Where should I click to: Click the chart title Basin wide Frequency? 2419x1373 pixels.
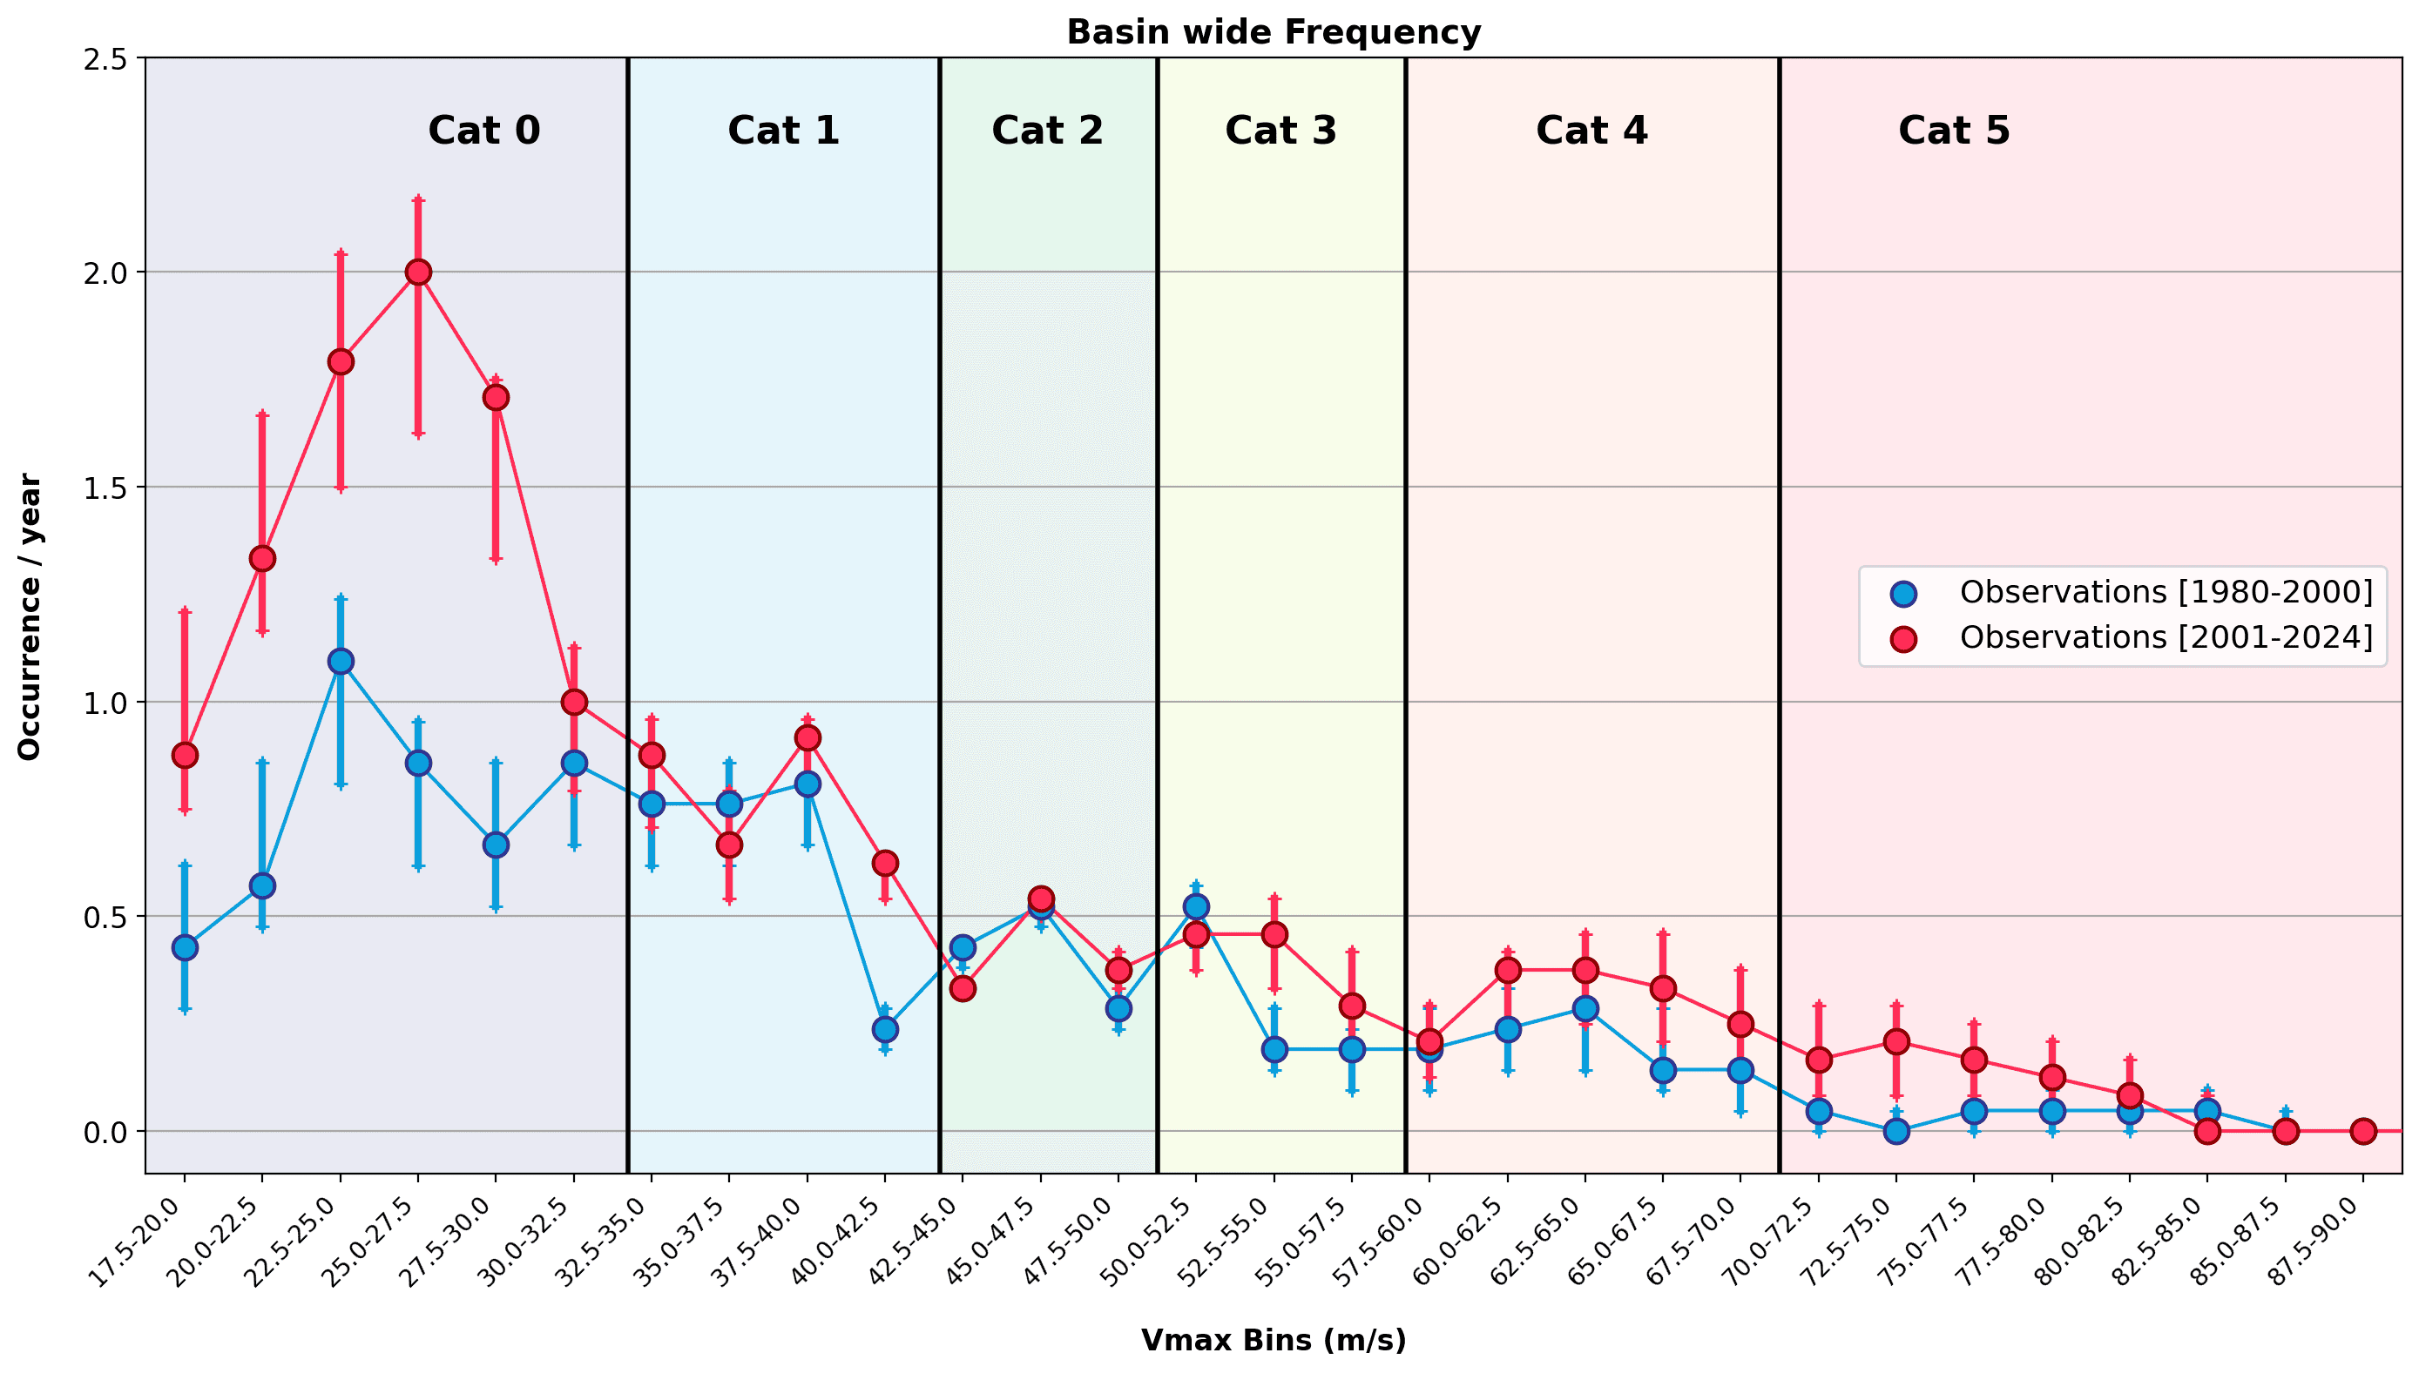tap(1273, 32)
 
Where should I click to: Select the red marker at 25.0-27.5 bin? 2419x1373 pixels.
tap(418, 272)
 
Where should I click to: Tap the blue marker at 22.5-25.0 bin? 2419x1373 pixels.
tap(341, 661)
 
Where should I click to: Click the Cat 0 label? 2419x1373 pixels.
tap(484, 130)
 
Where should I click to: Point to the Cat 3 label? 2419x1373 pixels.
tap(1280, 130)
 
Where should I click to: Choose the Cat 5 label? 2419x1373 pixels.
tap(1953, 130)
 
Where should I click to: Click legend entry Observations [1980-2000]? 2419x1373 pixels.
tap(2166, 592)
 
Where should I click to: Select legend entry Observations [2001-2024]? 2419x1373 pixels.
tap(2166, 637)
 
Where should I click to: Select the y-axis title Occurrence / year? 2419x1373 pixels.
tap(30, 616)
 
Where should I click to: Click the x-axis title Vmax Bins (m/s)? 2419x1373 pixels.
tap(1273, 1340)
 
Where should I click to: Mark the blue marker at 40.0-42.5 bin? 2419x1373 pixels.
tap(885, 1029)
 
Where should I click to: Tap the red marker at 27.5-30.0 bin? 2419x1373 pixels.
tap(497, 397)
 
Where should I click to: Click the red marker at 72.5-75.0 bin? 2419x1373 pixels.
tap(1896, 1041)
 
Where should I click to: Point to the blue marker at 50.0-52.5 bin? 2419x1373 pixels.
tap(1196, 906)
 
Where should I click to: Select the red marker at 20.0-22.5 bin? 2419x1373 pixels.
tap(262, 558)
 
